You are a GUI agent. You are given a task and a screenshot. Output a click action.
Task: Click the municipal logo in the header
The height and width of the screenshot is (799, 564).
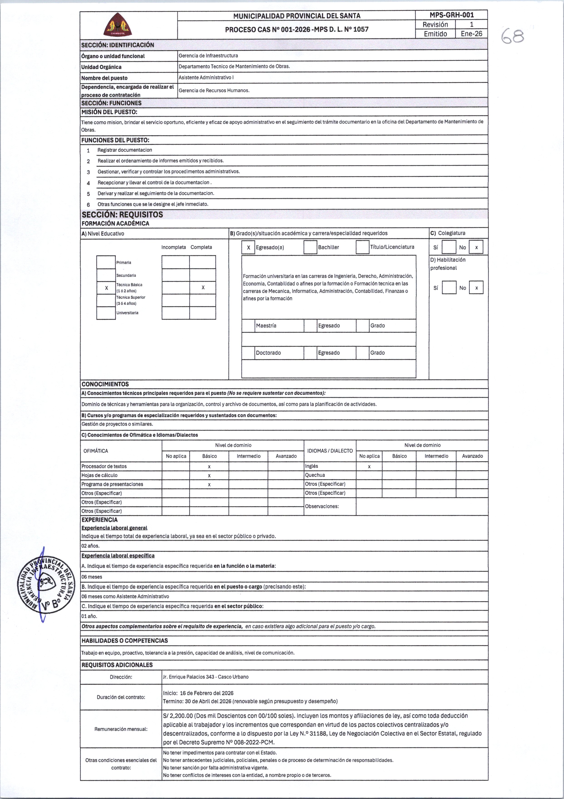(x=118, y=24)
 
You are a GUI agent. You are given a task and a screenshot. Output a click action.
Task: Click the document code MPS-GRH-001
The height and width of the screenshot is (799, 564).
(x=451, y=15)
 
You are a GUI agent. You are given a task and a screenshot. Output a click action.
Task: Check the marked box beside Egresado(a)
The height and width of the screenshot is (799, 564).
(x=248, y=247)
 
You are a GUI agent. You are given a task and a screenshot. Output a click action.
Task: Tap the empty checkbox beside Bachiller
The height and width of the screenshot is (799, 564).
(x=310, y=247)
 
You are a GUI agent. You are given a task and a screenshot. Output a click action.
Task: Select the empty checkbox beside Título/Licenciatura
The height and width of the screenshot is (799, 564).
(x=362, y=247)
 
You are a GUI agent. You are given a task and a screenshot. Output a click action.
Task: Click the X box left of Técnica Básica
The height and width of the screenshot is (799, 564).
(x=106, y=288)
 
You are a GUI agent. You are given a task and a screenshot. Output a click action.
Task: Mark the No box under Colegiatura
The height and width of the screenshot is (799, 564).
(x=476, y=247)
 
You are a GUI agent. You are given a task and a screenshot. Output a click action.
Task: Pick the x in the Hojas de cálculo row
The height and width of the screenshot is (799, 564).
(x=209, y=475)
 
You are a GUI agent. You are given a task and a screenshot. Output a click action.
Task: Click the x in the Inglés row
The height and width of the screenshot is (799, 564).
(x=369, y=466)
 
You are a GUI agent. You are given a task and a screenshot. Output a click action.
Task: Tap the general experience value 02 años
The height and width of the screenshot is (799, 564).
(x=91, y=546)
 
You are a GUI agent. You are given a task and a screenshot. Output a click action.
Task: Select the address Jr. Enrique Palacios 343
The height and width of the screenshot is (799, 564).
(x=205, y=677)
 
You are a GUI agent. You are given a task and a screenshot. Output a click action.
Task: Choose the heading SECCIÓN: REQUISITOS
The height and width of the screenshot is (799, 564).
(x=122, y=214)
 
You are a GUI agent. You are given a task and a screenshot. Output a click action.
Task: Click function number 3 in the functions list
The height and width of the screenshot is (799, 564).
(x=88, y=172)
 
